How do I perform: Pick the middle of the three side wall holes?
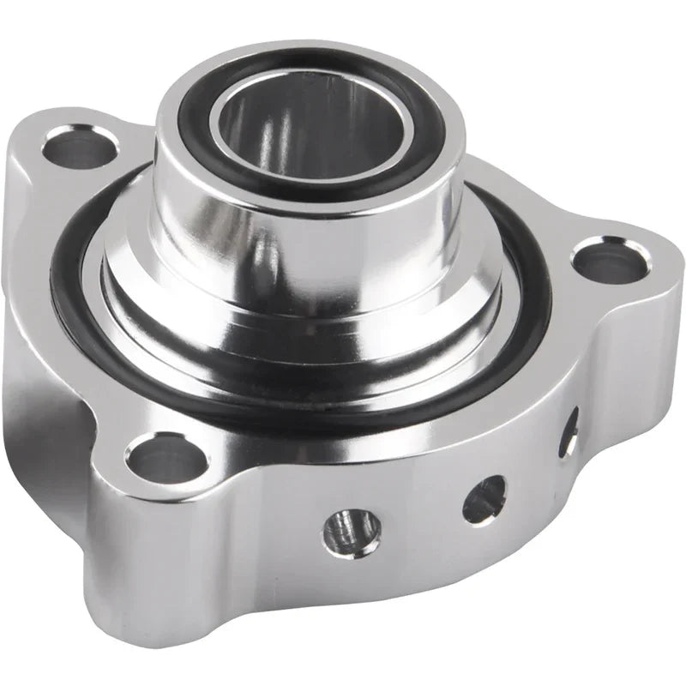[x=483, y=498]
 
